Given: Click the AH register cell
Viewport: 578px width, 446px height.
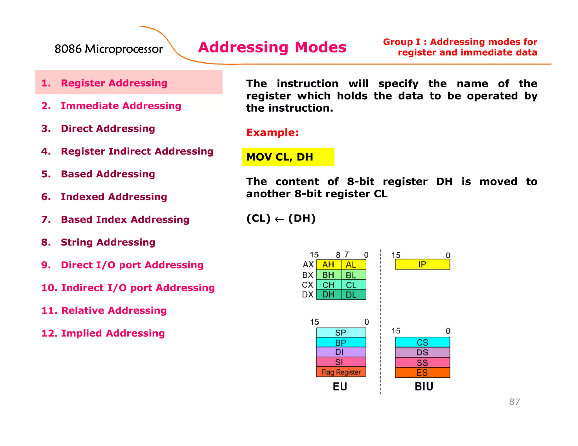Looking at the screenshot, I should click(x=328, y=265).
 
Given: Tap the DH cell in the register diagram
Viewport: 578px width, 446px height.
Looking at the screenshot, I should click(x=328, y=295).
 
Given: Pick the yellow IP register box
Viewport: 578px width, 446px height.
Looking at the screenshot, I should click(x=422, y=264).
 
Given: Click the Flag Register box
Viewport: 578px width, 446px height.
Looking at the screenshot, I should click(x=341, y=372).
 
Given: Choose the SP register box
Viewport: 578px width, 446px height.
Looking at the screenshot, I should click(x=341, y=333).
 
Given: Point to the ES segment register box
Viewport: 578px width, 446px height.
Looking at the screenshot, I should click(x=422, y=373).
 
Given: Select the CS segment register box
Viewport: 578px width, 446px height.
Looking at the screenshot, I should click(x=422, y=343).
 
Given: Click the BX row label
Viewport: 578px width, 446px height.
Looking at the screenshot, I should click(x=308, y=275).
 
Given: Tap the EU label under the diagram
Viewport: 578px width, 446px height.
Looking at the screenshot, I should click(x=340, y=387).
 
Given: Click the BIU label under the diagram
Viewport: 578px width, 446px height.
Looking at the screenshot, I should click(x=424, y=387).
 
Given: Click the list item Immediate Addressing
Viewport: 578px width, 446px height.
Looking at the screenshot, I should click(x=121, y=106).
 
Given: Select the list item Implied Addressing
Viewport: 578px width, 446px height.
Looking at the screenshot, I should click(x=113, y=333).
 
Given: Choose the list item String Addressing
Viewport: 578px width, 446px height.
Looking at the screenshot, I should click(x=108, y=242).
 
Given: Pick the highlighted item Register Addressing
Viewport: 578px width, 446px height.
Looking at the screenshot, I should click(x=114, y=83).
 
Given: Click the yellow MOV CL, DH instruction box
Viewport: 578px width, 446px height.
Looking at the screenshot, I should click(x=288, y=157).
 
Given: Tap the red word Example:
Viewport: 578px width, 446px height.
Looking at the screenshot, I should click(x=272, y=133).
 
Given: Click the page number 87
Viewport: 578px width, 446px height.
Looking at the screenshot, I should click(x=514, y=402).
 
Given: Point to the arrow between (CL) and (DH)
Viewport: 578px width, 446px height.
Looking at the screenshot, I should click(x=279, y=219).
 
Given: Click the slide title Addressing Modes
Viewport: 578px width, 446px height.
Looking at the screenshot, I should click(x=272, y=47).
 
